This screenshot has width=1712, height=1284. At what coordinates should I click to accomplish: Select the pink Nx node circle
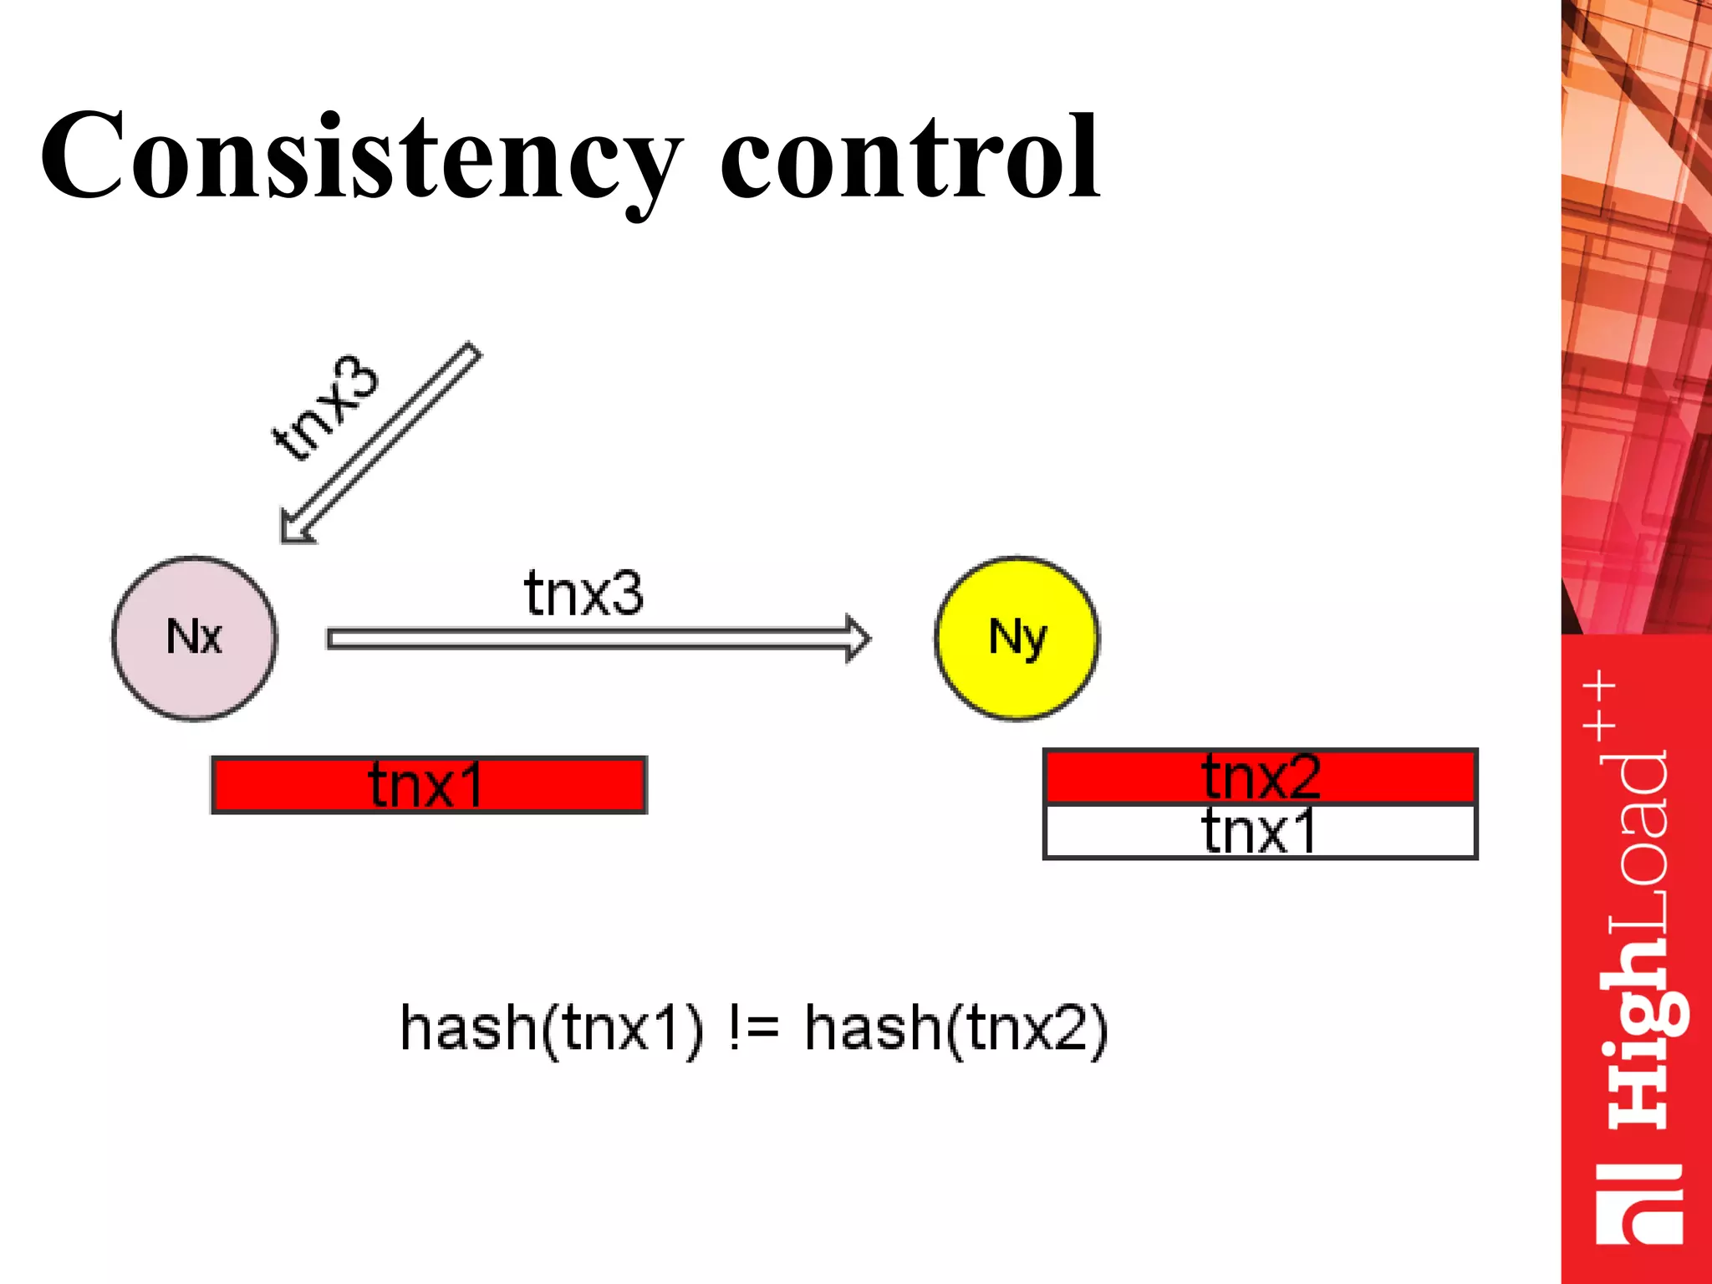[x=194, y=638]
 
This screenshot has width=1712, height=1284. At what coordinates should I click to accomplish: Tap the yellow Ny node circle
[x=1016, y=638]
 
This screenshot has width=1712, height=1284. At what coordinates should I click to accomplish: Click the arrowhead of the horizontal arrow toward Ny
[x=858, y=639]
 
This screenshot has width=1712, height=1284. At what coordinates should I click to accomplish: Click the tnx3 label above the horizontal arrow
[x=583, y=594]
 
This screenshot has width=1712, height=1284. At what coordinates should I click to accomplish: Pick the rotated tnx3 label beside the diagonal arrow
[x=326, y=408]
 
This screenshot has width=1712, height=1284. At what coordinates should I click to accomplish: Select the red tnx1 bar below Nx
[x=429, y=785]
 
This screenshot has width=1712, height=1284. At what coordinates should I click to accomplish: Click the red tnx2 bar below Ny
[x=1261, y=777]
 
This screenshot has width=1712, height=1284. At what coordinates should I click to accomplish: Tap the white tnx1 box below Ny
[x=1261, y=832]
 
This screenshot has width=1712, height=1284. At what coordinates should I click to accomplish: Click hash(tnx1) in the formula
[x=552, y=1028]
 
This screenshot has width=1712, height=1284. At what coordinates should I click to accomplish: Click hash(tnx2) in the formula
[x=956, y=1028]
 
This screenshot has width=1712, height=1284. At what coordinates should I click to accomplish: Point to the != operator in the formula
[x=754, y=1028]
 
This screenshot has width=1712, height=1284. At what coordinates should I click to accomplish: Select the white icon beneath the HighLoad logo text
[x=1638, y=1204]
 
